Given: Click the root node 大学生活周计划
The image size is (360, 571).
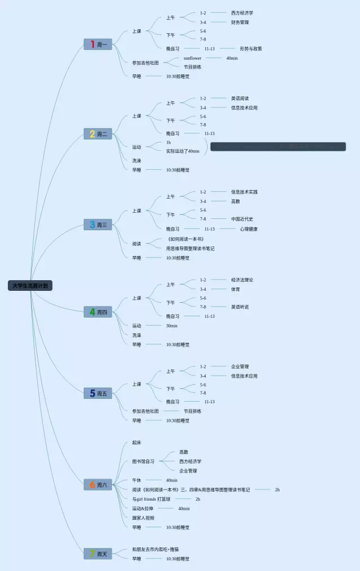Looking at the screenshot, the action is coord(31,285).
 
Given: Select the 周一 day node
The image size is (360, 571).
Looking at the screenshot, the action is coord(98,44).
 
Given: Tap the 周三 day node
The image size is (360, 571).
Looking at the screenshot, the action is coord(98,225).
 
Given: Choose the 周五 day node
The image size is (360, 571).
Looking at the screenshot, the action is coord(98,393).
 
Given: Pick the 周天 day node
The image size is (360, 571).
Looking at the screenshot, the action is coord(98,554).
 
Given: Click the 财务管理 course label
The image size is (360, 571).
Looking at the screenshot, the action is coord(240,23).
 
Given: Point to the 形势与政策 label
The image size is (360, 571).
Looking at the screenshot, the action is coord(250,49).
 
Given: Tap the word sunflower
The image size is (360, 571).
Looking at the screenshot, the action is coord(192,58).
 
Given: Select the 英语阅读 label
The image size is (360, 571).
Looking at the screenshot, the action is coord(240,98).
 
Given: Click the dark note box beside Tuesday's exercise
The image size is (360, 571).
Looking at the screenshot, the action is coord(278,147).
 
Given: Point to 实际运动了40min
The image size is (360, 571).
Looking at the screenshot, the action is coord(183,151).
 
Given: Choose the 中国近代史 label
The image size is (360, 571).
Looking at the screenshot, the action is coord(242,219).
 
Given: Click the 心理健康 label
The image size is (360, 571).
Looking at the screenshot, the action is coord(249,229).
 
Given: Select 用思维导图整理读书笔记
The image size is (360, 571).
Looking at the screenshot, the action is coord(190,248).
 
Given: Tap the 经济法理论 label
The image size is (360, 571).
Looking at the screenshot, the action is coord(242,280).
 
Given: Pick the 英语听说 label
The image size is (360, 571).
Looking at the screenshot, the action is coord(240,307).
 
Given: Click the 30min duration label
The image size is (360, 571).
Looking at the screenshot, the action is coord(172,326).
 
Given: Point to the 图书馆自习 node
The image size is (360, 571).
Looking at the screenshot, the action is coord(143,461).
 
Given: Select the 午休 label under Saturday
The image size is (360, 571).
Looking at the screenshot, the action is coord(137,480).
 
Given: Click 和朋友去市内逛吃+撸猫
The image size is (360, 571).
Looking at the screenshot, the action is coord(156,549).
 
